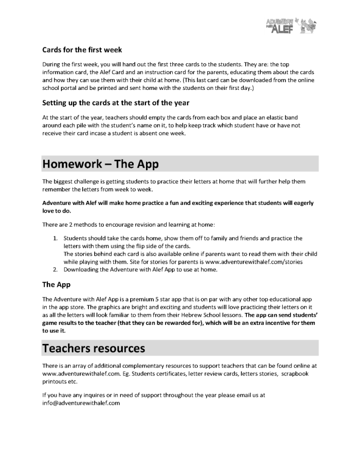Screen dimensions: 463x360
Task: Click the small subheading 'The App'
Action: click(x=56, y=284)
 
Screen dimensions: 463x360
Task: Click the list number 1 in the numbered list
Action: click(x=56, y=238)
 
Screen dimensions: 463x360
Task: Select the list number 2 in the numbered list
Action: click(x=56, y=270)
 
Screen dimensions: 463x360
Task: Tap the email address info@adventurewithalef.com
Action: click(x=81, y=403)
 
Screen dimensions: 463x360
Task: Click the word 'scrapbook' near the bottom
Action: click(x=295, y=374)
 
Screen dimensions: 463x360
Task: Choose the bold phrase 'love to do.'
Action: click(x=60, y=211)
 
